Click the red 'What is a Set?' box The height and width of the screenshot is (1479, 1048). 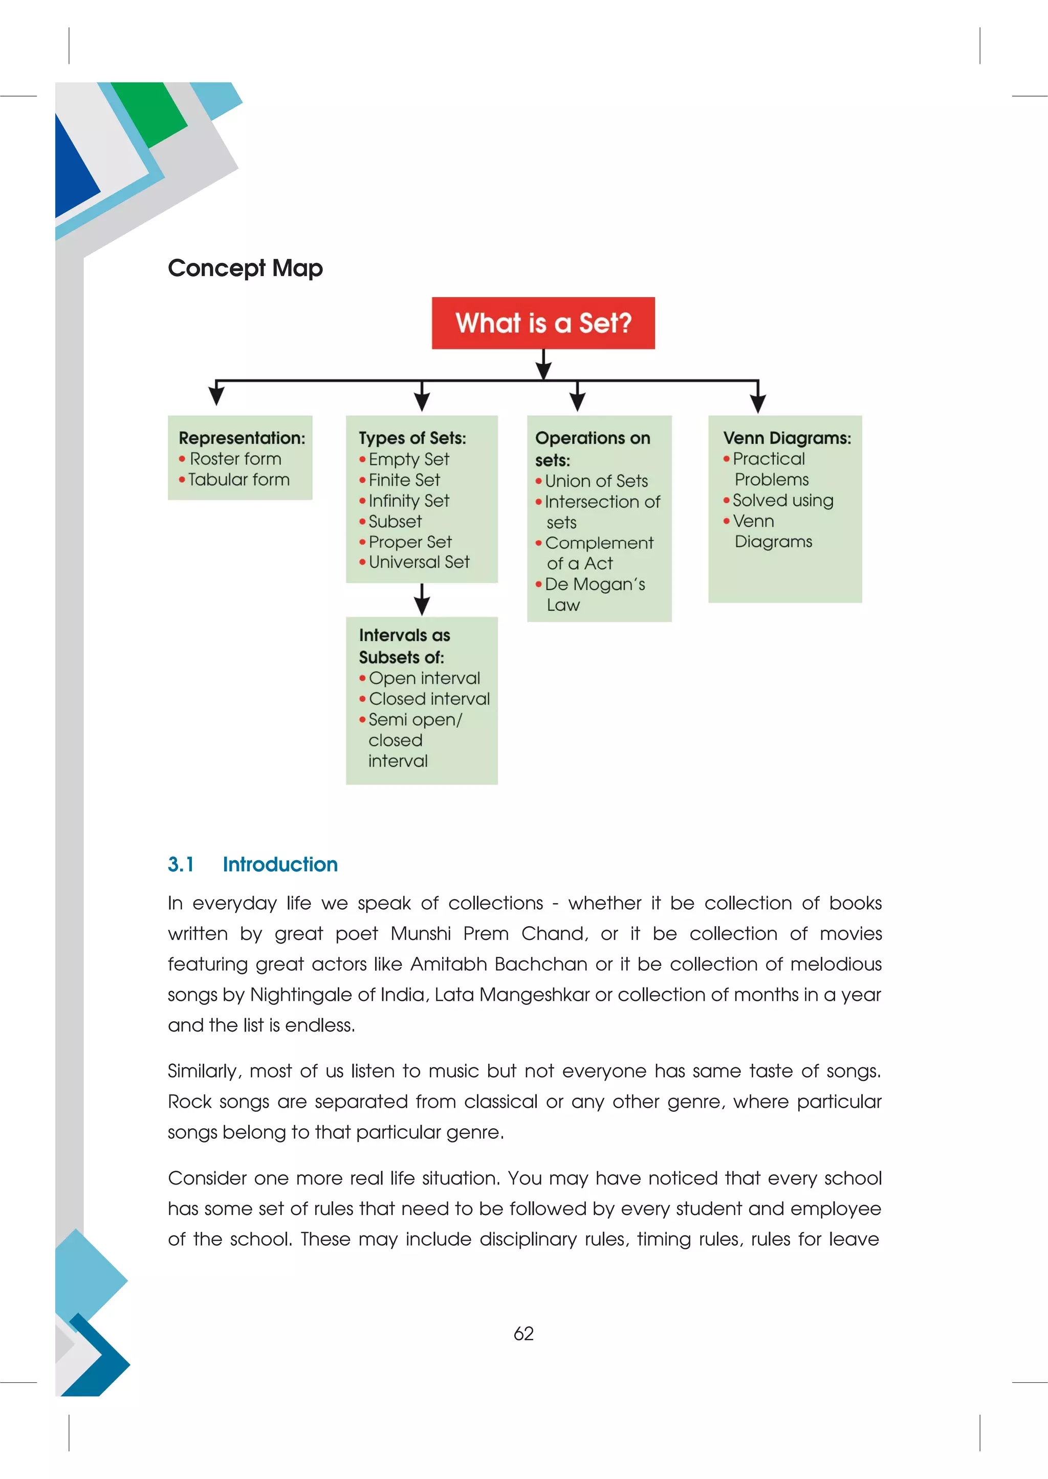coord(543,323)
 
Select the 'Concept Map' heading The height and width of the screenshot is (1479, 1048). coord(245,267)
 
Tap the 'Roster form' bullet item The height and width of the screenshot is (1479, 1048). coord(235,459)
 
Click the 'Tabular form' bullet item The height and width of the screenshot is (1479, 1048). coord(238,479)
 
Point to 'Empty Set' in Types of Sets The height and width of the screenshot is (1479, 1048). coord(408,459)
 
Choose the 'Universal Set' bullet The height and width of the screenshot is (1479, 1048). coord(419,562)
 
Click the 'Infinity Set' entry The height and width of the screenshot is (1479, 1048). coord(408,501)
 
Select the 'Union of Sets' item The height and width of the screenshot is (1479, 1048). coord(596,481)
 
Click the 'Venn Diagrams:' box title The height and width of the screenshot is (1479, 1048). coord(787,438)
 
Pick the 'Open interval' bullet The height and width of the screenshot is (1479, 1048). coord(424,678)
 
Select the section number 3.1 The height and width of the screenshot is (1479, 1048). coord(181,864)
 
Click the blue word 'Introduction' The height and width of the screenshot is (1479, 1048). coord(280,864)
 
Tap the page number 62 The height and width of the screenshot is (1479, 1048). coord(523,1334)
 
